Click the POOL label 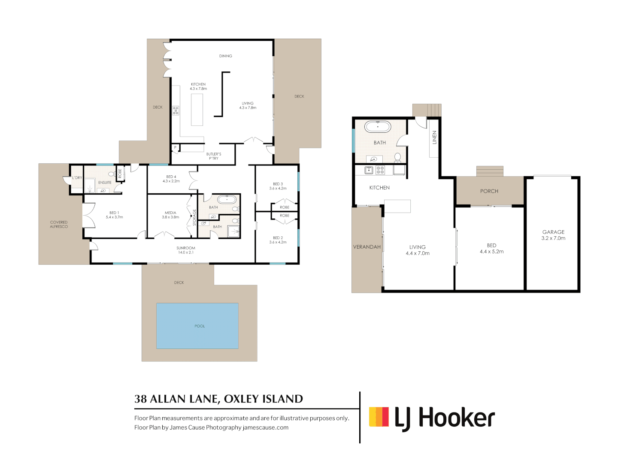[x=200, y=326]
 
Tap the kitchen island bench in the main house [x=197, y=110]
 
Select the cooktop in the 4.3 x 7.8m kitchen [x=176, y=110]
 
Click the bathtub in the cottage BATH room [x=378, y=127]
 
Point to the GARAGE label [x=553, y=232]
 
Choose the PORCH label [x=489, y=191]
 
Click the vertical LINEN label [x=434, y=137]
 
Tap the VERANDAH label [x=367, y=247]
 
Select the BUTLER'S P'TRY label [x=214, y=156]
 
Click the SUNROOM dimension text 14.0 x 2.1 [x=186, y=253]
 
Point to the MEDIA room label [x=170, y=213]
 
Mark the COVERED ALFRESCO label [x=59, y=224]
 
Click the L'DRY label [x=77, y=177]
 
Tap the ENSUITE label [x=105, y=183]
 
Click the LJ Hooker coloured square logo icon [x=379, y=417]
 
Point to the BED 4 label [x=171, y=177]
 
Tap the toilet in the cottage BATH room [x=398, y=157]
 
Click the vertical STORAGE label [x=194, y=217]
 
